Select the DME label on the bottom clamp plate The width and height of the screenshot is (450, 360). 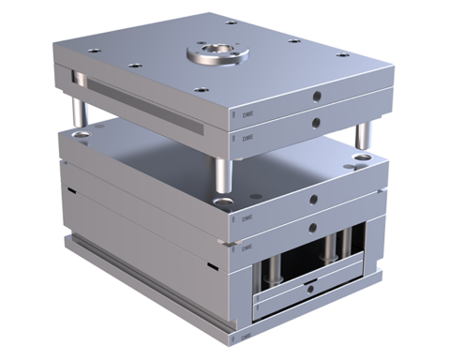click(x=247, y=335)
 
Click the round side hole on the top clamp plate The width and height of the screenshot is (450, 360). click(x=317, y=96)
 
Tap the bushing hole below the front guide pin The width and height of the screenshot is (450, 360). click(x=224, y=198)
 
